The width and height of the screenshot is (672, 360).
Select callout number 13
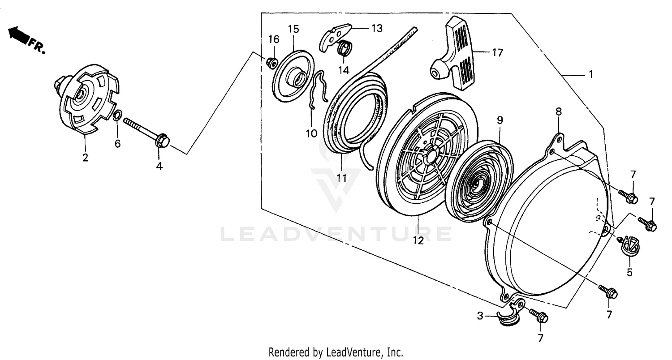[377, 28]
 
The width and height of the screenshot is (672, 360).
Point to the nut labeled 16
[271, 62]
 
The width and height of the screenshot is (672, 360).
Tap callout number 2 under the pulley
[85, 157]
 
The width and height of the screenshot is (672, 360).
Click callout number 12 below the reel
[418, 240]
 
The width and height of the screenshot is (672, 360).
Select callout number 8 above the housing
[559, 111]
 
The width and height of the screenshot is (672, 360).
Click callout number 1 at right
[590, 74]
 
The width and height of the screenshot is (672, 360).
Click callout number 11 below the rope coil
[342, 178]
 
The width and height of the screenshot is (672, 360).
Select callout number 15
[293, 29]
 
